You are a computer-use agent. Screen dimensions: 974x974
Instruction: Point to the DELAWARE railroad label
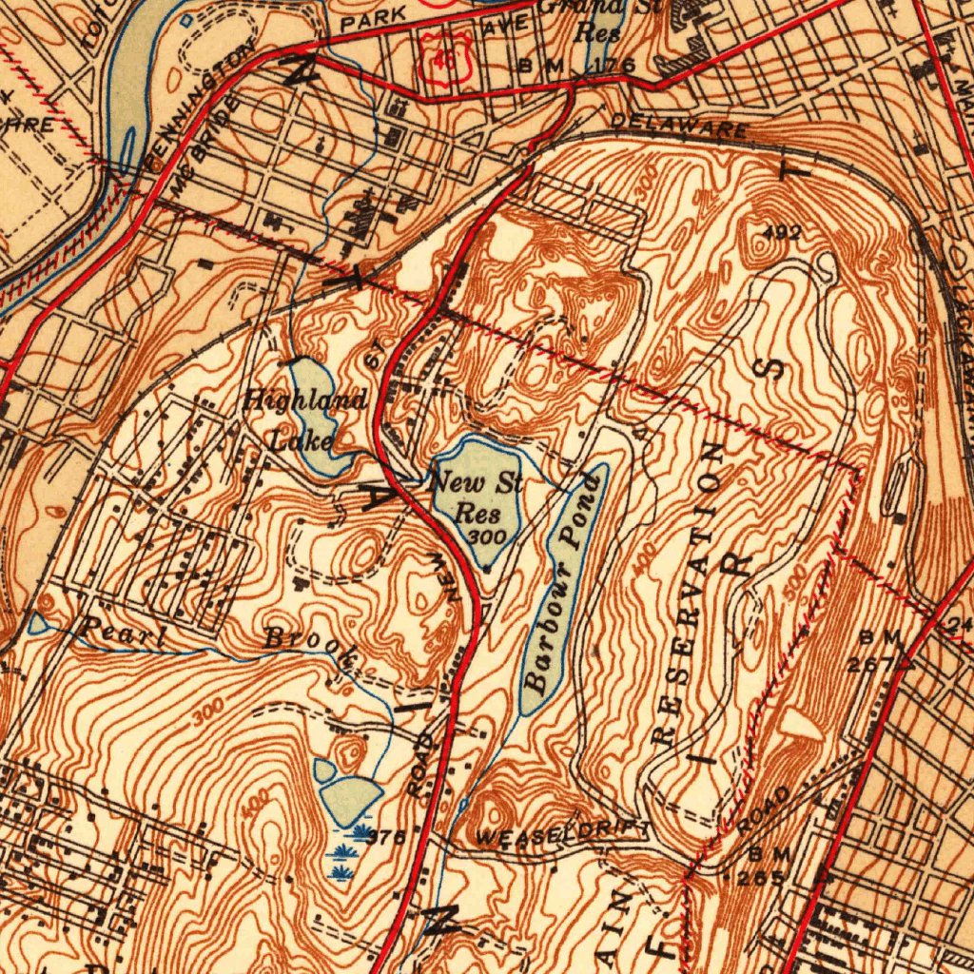pyautogui.click(x=678, y=125)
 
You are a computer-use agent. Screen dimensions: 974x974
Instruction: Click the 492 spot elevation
pyautogui.click(x=783, y=232)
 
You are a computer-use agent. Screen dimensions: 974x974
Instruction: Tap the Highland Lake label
pyautogui.click(x=302, y=419)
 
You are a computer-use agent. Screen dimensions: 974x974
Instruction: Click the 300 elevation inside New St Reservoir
pyautogui.click(x=488, y=537)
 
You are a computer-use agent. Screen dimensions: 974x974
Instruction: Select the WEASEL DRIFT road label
pyautogui.click(x=562, y=835)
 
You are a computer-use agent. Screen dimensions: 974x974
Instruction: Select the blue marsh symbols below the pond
pyautogui.click(x=348, y=852)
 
